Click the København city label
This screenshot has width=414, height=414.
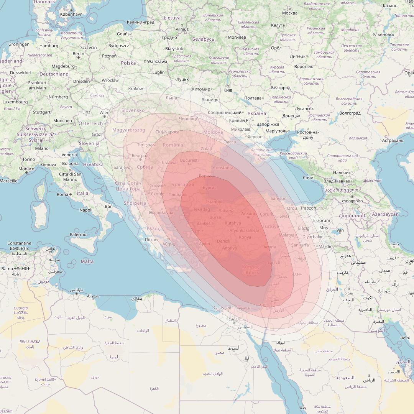pos(71,14)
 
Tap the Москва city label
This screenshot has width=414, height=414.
pos(289,13)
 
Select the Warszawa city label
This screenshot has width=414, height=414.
pos(157,61)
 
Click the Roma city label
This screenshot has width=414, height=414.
pos(62,194)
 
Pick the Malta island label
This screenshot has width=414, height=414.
pos(87,261)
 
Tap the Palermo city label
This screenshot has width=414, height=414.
pos(78,234)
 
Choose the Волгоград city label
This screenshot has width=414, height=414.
pos(350,113)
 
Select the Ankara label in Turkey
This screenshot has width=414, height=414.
pos(248,214)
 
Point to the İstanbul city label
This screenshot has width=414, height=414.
pos(214,202)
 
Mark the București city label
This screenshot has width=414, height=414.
pos(189,160)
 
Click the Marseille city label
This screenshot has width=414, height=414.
pos(8,181)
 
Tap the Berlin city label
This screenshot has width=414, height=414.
pos(78,54)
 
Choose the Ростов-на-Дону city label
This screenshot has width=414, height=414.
pos(308,135)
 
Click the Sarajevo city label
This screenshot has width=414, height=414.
pos(122,168)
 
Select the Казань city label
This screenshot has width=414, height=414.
pos(390,6)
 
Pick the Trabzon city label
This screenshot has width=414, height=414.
pos(308,208)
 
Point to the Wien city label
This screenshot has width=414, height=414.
pos(104,113)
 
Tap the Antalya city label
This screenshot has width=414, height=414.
pos(229,248)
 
